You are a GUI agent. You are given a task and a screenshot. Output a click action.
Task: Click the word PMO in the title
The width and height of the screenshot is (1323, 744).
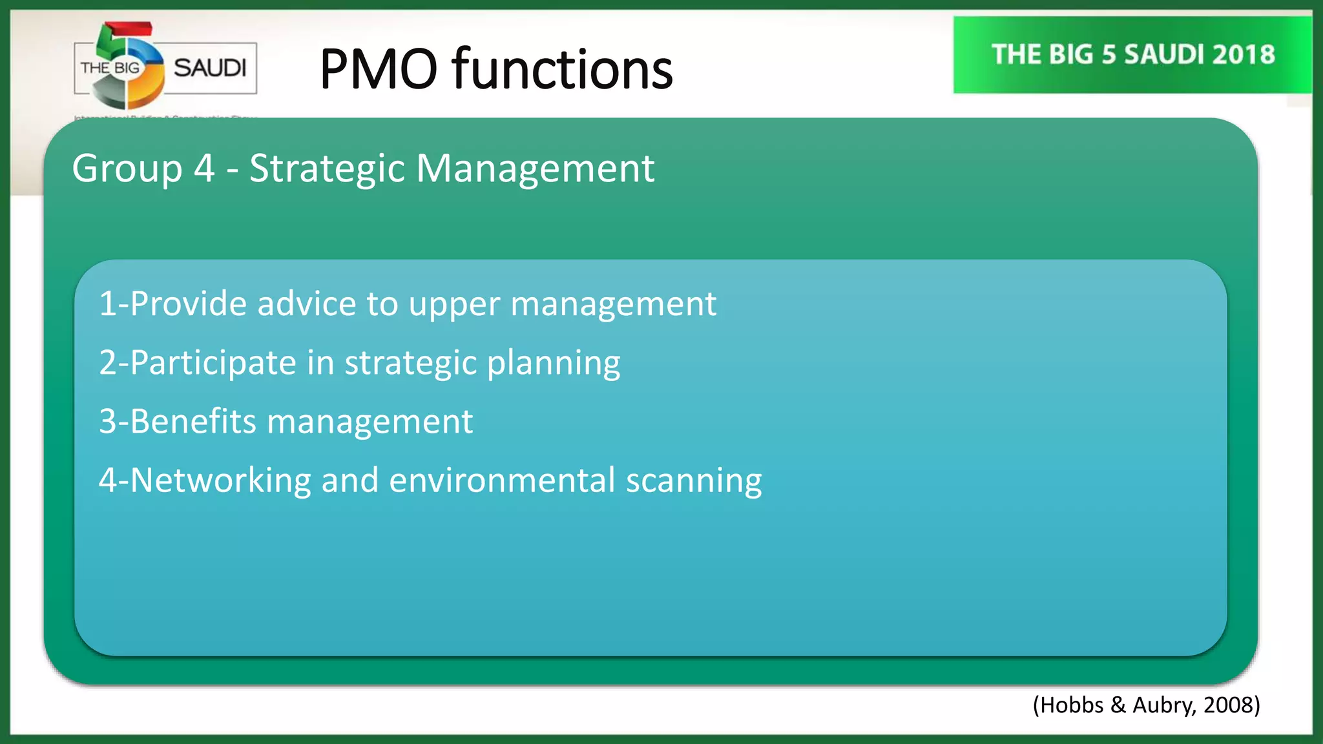379,69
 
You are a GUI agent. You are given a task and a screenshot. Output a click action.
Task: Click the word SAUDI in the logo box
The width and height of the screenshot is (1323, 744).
210,68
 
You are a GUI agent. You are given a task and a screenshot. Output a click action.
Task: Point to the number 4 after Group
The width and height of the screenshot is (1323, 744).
204,169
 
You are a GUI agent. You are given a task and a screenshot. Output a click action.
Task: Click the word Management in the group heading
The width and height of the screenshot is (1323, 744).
535,169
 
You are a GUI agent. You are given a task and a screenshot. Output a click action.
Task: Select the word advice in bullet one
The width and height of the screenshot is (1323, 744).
306,304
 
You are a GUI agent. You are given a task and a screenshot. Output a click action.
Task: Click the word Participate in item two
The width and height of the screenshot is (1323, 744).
213,363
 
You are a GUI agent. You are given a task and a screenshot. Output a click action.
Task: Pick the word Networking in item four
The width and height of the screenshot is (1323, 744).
221,481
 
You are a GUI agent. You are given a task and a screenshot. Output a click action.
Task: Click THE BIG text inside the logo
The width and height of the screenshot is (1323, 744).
110,68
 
